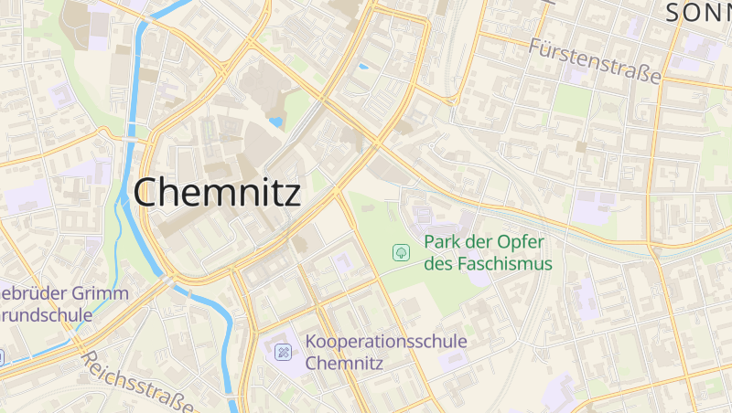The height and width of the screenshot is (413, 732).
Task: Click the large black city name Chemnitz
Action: click(x=217, y=193)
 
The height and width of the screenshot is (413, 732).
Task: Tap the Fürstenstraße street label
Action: click(x=594, y=60)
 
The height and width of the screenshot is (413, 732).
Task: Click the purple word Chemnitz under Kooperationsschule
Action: click(x=345, y=363)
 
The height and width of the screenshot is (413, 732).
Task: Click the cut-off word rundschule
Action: click(x=47, y=315)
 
